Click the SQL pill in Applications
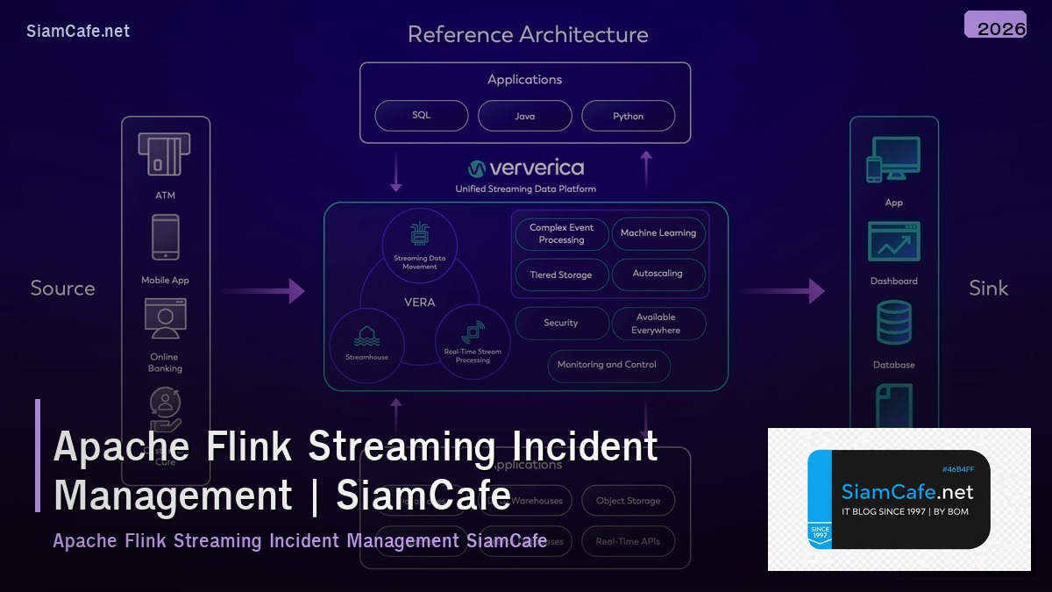tap(421, 116)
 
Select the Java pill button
tap(524, 116)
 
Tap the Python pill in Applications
tap(628, 116)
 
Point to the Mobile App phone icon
tap(166, 238)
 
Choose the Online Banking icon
tap(165, 319)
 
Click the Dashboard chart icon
tap(894, 242)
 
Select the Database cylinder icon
tap(894, 323)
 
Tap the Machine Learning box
tap(658, 233)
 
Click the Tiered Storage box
tap(561, 275)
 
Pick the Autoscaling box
tap(658, 274)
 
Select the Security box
tap(561, 323)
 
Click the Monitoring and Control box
tap(608, 365)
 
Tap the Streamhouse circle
tap(366, 344)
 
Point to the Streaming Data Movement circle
tap(420, 246)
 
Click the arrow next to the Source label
tap(263, 291)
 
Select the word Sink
tap(988, 289)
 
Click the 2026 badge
tap(996, 25)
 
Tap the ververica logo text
tap(536, 168)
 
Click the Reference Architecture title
tap(528, 35)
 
